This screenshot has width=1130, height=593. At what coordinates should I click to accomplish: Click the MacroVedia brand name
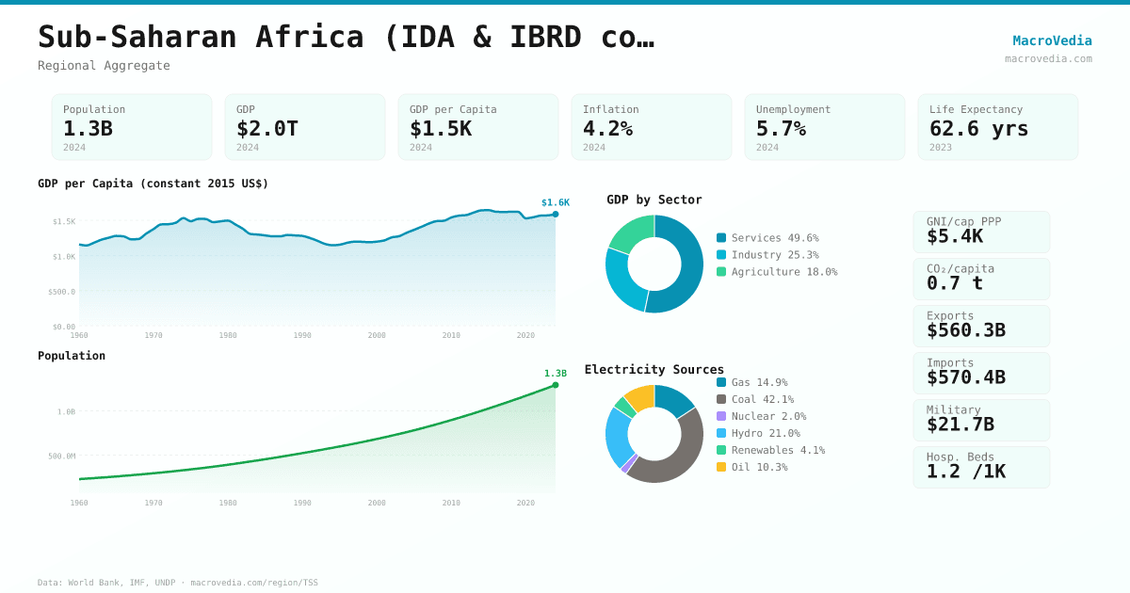click(1052, 40)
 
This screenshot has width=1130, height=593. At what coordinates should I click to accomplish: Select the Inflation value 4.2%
click(607, 128)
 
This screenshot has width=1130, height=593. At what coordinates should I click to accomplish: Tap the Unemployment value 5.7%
click(781, 128)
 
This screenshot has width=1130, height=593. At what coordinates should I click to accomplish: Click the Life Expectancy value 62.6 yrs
click(978, 128)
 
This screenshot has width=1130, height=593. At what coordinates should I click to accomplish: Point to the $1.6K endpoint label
click(555, 202)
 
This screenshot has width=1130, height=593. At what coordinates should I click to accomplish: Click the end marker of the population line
click(556, 385)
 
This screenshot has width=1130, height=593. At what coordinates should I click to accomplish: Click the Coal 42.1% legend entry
click(762, 399)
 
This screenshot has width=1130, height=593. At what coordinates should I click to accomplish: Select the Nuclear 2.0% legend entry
click(768, 416)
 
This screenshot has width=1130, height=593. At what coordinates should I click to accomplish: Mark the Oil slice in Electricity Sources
click(640, 396)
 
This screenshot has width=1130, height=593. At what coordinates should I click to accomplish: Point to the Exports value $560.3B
click(965, 330)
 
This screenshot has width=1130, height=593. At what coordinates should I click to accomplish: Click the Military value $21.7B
click(960, 425)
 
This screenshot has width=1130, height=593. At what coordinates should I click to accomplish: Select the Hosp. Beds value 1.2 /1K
click(965, 472)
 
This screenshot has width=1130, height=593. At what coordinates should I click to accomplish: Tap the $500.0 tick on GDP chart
click(61, 292)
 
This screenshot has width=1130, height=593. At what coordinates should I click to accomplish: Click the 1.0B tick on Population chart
click(66, 411)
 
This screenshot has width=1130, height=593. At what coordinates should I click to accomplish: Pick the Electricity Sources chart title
click(654, 369)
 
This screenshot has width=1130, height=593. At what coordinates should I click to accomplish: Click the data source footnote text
click(177, 583)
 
